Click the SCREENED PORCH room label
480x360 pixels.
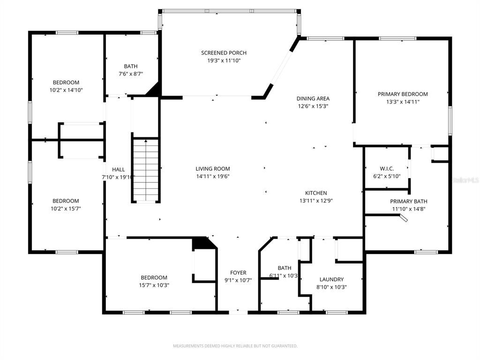point(224,53)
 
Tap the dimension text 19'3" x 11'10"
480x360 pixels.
point(224,60)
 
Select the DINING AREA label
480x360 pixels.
point(313,98)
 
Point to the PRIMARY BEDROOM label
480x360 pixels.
point(403,94)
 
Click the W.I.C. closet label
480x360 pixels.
point(387,169)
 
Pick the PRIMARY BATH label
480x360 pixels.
point(408,202)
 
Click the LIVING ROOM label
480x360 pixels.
point(212,169)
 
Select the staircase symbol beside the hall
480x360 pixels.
point(146,171)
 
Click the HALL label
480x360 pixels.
point(118,170)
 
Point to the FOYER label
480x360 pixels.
point(238,273)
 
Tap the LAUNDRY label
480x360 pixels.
point(331,279)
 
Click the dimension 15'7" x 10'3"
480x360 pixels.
point(154,285)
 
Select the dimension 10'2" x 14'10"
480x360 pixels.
point(66,90)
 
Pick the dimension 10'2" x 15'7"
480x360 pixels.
point(66,209)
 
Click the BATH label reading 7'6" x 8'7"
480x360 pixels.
point(131,66)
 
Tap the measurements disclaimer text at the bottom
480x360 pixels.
point(235,346)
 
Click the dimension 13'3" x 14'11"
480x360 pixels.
point(403,102)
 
